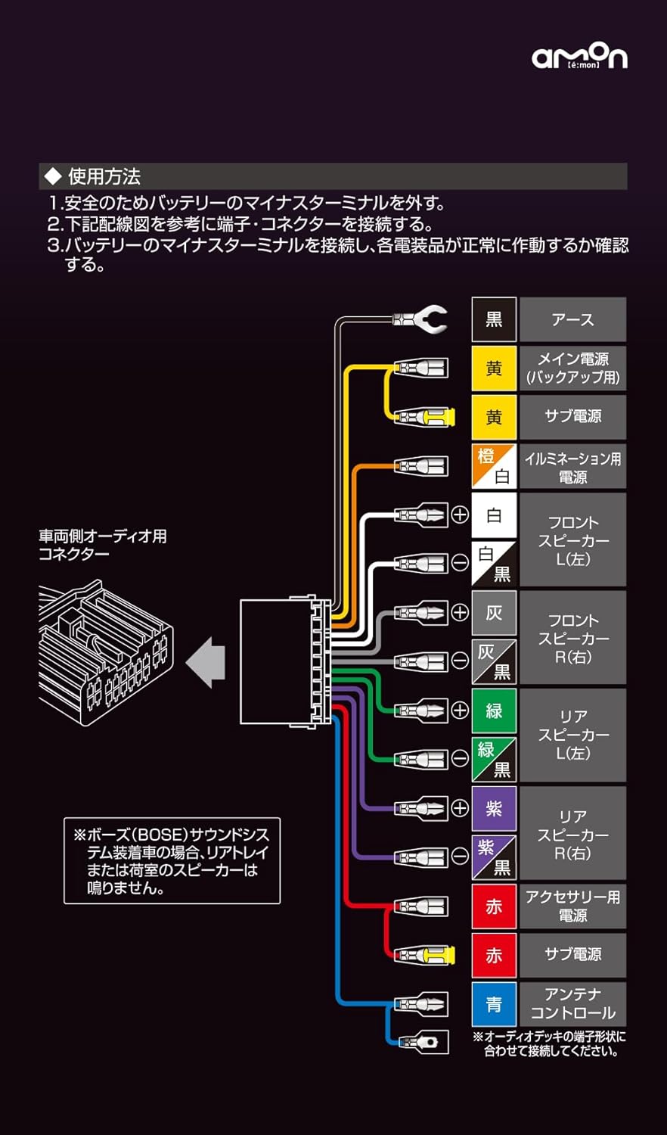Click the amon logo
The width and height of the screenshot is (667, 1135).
coord(579,57)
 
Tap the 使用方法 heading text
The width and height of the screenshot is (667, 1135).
coord(104,177)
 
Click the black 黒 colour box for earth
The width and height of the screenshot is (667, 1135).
coord(494,319)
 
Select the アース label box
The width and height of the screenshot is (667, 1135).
coord(572,319)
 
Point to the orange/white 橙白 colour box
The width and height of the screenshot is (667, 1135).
coord(494,466)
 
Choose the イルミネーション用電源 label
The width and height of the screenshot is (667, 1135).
coord(572,467)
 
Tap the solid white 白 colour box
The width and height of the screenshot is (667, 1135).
coord(494,515)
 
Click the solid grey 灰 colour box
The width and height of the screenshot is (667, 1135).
coord(494,613)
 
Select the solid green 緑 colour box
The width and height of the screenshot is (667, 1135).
coord(494,711)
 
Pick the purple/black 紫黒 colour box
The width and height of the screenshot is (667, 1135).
coord(494,857)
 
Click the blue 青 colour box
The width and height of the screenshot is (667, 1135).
coord(494,1004)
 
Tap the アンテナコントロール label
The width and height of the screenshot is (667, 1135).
coord(572,1003)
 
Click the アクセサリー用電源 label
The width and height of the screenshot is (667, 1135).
coord(572,906)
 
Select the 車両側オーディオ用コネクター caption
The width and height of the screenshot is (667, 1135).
coord(103,545)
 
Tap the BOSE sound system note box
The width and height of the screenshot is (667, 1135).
coord(172,860)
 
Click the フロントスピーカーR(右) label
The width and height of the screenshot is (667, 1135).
coord(572,638)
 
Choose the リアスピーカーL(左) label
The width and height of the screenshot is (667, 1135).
coord(572,735)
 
